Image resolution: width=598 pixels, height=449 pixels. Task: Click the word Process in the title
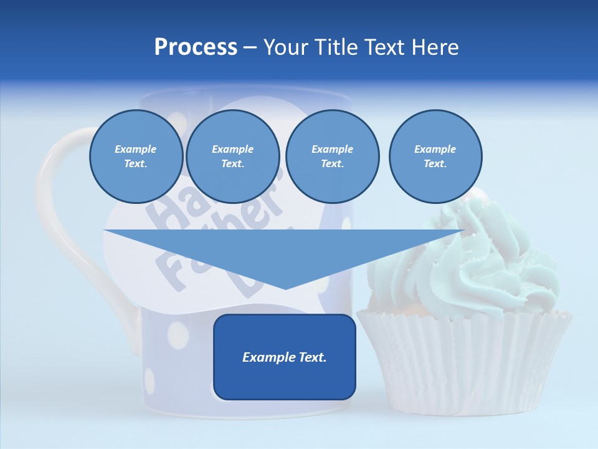click(196, 47)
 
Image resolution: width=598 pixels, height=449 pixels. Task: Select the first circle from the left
click(136, 157)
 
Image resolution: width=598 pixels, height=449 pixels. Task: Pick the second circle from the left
click(233, 157)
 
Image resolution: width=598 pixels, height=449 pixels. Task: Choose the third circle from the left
click(332, 157)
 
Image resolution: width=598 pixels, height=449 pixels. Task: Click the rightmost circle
click(435, 157)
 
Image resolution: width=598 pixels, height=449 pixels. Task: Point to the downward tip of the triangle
click(285, 288)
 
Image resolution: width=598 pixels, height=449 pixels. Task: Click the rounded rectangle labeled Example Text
click(285, 357)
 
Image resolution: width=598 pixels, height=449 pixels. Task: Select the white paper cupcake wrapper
click(464, 362)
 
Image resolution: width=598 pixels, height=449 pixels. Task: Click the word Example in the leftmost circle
click(136, 149)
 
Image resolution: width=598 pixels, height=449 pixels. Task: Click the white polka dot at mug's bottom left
click(150, 379)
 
